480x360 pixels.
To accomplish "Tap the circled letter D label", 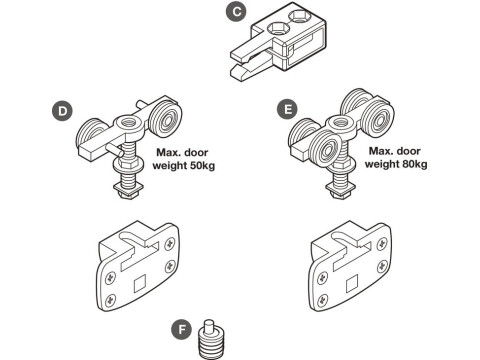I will point(63,109).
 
